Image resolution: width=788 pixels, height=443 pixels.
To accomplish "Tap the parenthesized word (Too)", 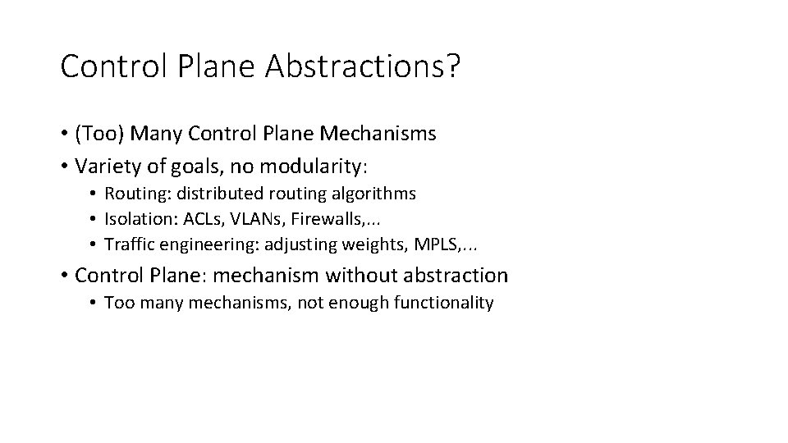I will coord(101,134).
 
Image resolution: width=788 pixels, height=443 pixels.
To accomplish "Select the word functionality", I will coord(443,303).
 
